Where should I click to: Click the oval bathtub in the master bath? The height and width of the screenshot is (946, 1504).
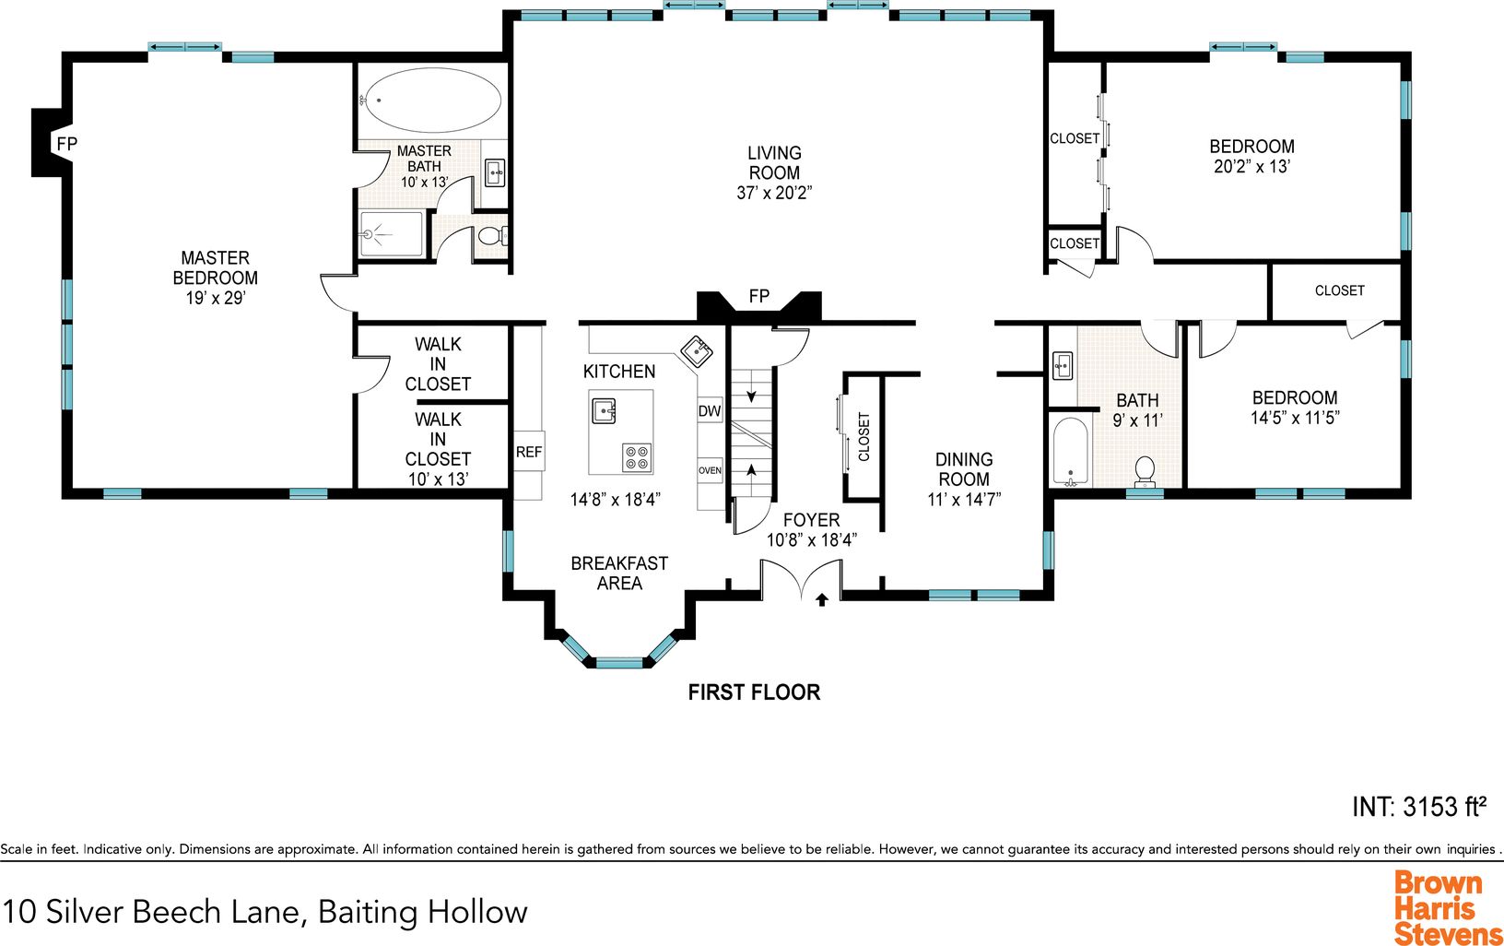coord(432,101)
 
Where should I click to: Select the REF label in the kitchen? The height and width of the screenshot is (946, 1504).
coord(528,452)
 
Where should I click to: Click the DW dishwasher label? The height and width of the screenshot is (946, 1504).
coord(710,411)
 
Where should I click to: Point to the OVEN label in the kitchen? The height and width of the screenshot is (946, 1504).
coord(710,470)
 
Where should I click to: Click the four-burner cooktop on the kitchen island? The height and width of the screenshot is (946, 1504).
coord(637,457)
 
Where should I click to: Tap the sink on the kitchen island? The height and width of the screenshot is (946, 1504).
coord(605,410)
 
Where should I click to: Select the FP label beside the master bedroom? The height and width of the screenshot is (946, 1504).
coord(67,143)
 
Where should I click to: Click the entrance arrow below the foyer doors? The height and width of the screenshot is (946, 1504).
coord(822,599)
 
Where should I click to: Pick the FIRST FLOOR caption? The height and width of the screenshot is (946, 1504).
coord(754,692)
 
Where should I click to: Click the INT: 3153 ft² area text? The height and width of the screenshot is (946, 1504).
coord(1418,807)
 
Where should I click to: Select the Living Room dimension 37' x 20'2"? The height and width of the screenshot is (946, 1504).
coord(774,193)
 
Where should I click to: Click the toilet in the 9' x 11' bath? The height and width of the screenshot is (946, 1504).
coord(1144,472)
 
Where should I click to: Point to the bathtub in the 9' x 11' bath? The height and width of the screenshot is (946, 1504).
coord(1070,452)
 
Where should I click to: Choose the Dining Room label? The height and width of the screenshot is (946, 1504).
coord(964,469)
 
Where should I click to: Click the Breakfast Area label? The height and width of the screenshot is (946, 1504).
coord(619,574)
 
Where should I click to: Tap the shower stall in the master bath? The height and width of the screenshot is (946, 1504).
coord(392,234)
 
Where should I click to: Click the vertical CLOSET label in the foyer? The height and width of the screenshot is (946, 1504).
coord(864,437)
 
